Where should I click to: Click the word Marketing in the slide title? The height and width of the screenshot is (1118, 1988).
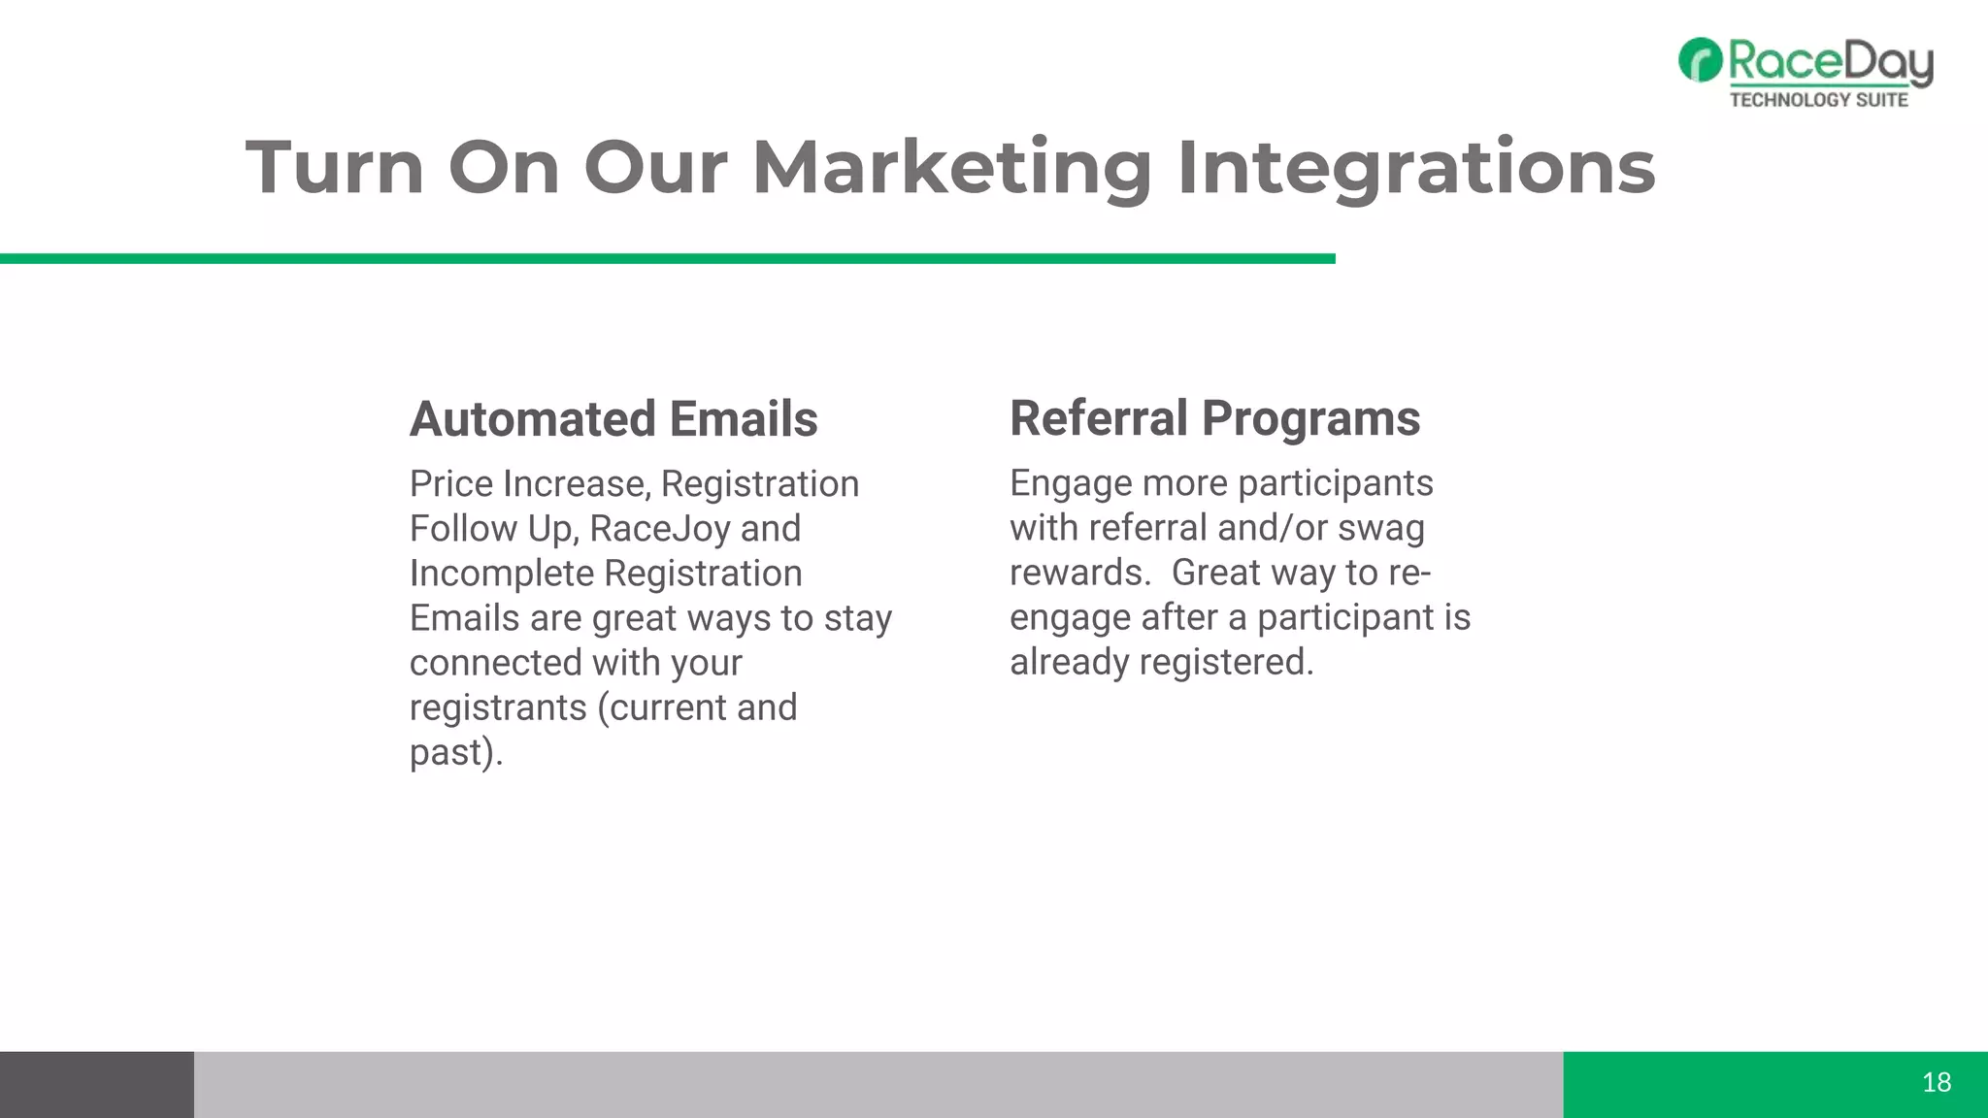(951, 167)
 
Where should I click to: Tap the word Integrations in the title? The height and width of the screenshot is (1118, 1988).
(1415, 167)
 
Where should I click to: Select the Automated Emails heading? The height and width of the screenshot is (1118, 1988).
(613, 419)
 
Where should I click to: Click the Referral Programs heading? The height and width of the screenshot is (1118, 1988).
(1214, 418)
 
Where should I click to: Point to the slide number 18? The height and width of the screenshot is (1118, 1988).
(1936, 1082)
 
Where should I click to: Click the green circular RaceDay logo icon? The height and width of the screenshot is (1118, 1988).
(1700, 60)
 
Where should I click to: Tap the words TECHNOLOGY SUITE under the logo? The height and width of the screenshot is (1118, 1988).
(1818, 99)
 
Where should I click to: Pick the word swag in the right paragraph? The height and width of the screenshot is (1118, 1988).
(1380, 528)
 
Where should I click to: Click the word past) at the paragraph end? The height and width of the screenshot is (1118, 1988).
(455, 753)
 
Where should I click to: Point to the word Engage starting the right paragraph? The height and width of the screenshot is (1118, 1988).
(1070, 483)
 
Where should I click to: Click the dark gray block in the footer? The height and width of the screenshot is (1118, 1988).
(97, 1084)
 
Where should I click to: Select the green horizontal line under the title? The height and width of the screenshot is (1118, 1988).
(668, 258)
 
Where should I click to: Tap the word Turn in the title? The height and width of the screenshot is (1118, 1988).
(335, 167)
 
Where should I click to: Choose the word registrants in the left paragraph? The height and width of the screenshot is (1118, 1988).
(498, 707)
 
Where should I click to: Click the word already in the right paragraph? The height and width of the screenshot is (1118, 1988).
(1069, 662)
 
